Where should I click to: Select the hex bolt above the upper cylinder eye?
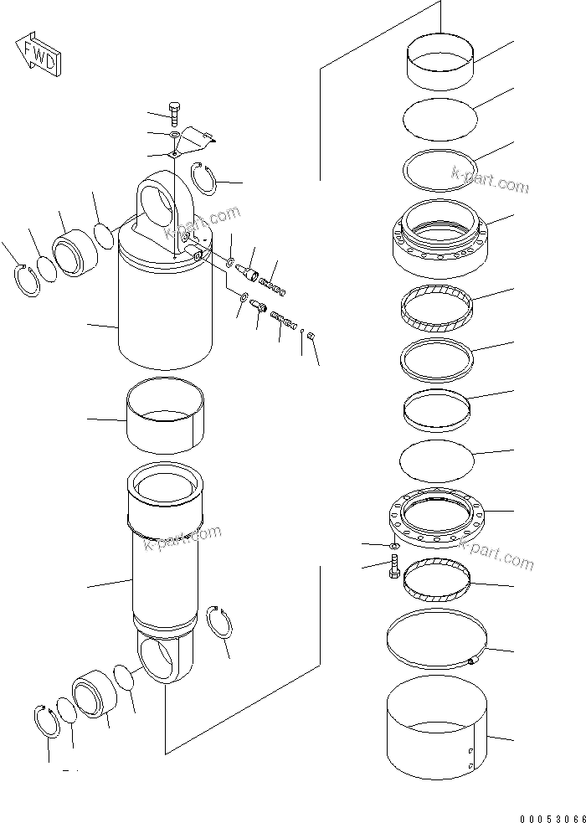(x=173, y=114)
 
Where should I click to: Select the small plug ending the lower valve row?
(x=311, y=336)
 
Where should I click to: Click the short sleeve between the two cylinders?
(x=164, y=414)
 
